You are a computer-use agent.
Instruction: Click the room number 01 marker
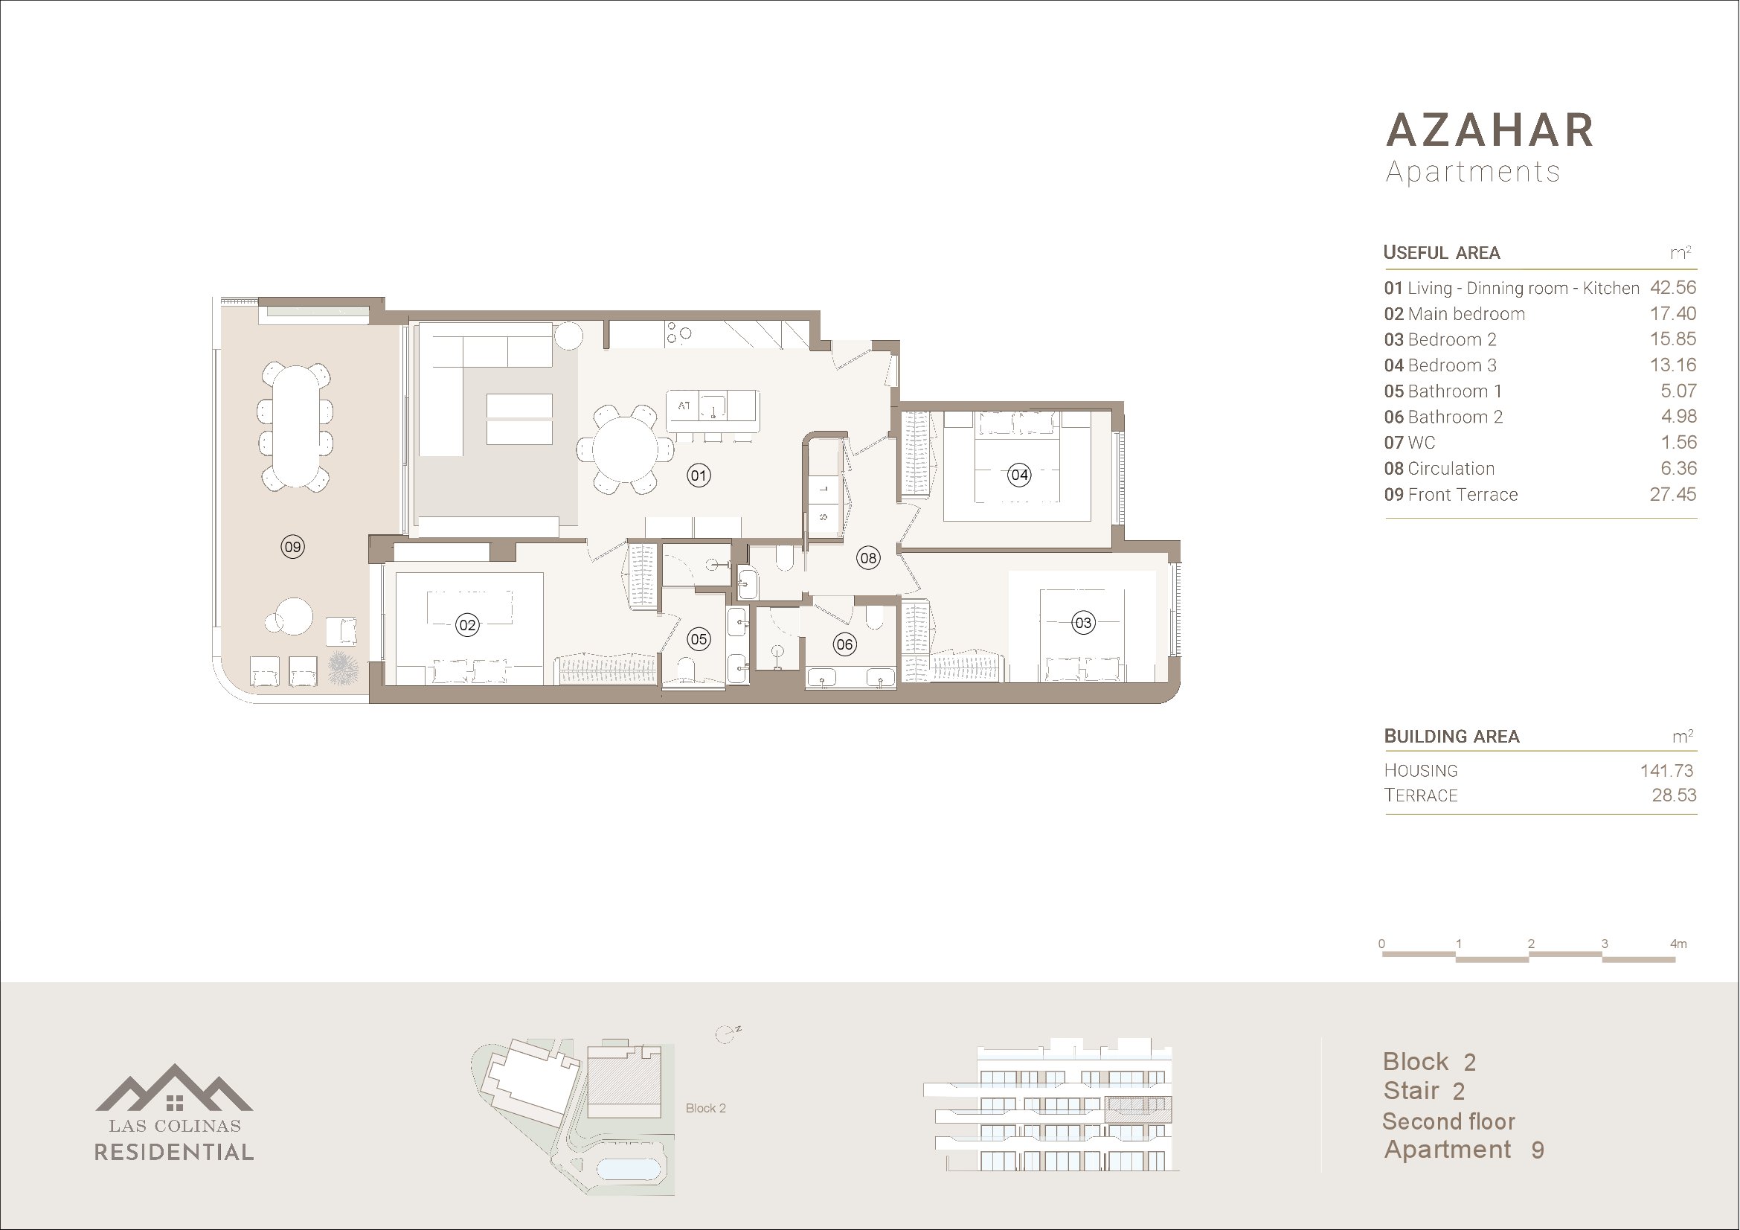point(699,476)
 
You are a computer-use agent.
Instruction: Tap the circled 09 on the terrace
point(292,546)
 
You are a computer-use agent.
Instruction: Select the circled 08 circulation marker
point(867,559)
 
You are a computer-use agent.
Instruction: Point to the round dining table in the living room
point(625,449)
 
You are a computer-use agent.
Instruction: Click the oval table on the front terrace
point(295,426)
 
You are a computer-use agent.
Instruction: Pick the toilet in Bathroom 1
point(687,670)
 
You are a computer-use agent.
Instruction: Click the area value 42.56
point(1673,288)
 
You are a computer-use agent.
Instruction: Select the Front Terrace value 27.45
point(1673,494)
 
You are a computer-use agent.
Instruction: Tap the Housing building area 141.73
point(1666,771)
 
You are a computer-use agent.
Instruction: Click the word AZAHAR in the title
point(1490,130)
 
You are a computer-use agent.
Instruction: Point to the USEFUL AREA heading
point(1442,252)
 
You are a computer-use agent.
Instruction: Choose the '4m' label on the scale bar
point(1678,944)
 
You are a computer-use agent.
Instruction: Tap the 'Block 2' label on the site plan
point(705,1108)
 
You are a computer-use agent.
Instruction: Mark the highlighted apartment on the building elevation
point(1137,1109)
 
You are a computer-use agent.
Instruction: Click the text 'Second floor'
point(1448,1121)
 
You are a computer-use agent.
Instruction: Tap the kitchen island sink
point(713,407)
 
